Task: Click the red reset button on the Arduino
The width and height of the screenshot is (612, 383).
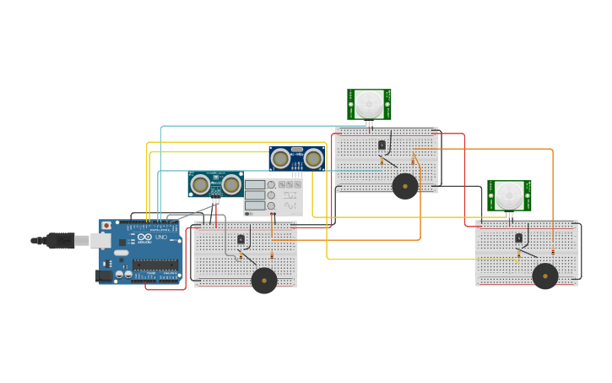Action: [106, 226]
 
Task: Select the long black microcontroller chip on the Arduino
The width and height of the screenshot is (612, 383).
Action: [154, 264]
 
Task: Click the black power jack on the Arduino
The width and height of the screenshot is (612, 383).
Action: [105, 275]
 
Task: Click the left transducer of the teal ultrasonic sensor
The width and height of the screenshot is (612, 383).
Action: [200, 184]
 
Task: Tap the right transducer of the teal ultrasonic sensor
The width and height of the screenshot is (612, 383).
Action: [230, 184]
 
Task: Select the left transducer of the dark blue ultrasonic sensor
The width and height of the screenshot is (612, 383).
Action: [280, 158]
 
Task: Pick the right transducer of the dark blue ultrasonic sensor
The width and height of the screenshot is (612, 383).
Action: [313, 158]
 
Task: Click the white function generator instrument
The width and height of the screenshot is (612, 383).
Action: [273, 197]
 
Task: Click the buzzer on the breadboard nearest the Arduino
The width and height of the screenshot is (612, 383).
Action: [264, 281]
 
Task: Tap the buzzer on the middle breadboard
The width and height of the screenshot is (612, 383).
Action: [405, 186]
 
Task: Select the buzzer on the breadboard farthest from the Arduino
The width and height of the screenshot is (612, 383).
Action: [545, 276]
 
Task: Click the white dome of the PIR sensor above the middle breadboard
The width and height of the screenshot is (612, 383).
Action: [369, 104]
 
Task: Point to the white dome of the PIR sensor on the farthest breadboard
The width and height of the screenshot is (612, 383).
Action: [509, 195]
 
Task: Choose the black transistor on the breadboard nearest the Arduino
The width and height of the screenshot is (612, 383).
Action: [241, 239]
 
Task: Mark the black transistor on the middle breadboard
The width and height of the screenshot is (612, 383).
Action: [382, 145]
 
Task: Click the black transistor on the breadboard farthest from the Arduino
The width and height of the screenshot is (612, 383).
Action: [518, 238]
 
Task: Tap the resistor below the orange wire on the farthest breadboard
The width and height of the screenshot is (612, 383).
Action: [553, 250]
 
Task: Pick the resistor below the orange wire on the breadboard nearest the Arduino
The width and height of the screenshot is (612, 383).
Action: [272, 254]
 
